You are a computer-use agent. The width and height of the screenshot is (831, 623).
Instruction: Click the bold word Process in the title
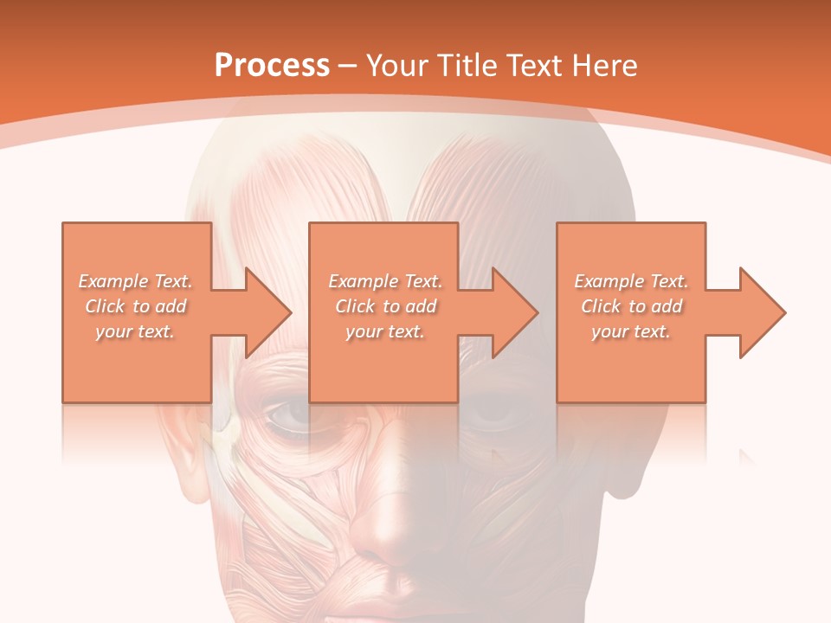(272, 65)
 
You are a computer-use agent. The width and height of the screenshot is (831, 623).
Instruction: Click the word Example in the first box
(113, 281)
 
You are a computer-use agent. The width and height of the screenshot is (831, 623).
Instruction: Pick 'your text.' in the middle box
(385, 331)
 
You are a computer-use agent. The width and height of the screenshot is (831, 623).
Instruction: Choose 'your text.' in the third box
(631, 331)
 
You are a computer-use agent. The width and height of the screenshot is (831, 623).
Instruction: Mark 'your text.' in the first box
(135, 331)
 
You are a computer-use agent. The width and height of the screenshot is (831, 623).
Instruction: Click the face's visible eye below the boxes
(289, 417)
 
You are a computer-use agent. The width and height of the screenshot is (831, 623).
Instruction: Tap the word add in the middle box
(420, 306)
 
